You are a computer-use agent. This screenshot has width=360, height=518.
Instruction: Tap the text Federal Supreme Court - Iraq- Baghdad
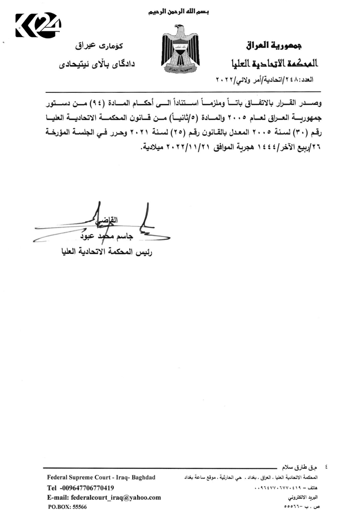pyautogui.click(x=101, y=478)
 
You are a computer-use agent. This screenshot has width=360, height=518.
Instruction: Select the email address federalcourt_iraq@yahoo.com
pyautogui.click(x=104, y=498)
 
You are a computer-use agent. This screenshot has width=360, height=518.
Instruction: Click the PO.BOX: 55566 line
pyautogui.click(x=68, y=507)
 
